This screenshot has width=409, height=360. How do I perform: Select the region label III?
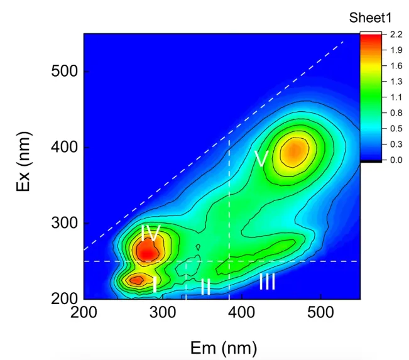267,282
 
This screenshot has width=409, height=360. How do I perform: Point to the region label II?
205,287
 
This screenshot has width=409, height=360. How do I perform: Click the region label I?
155,286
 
